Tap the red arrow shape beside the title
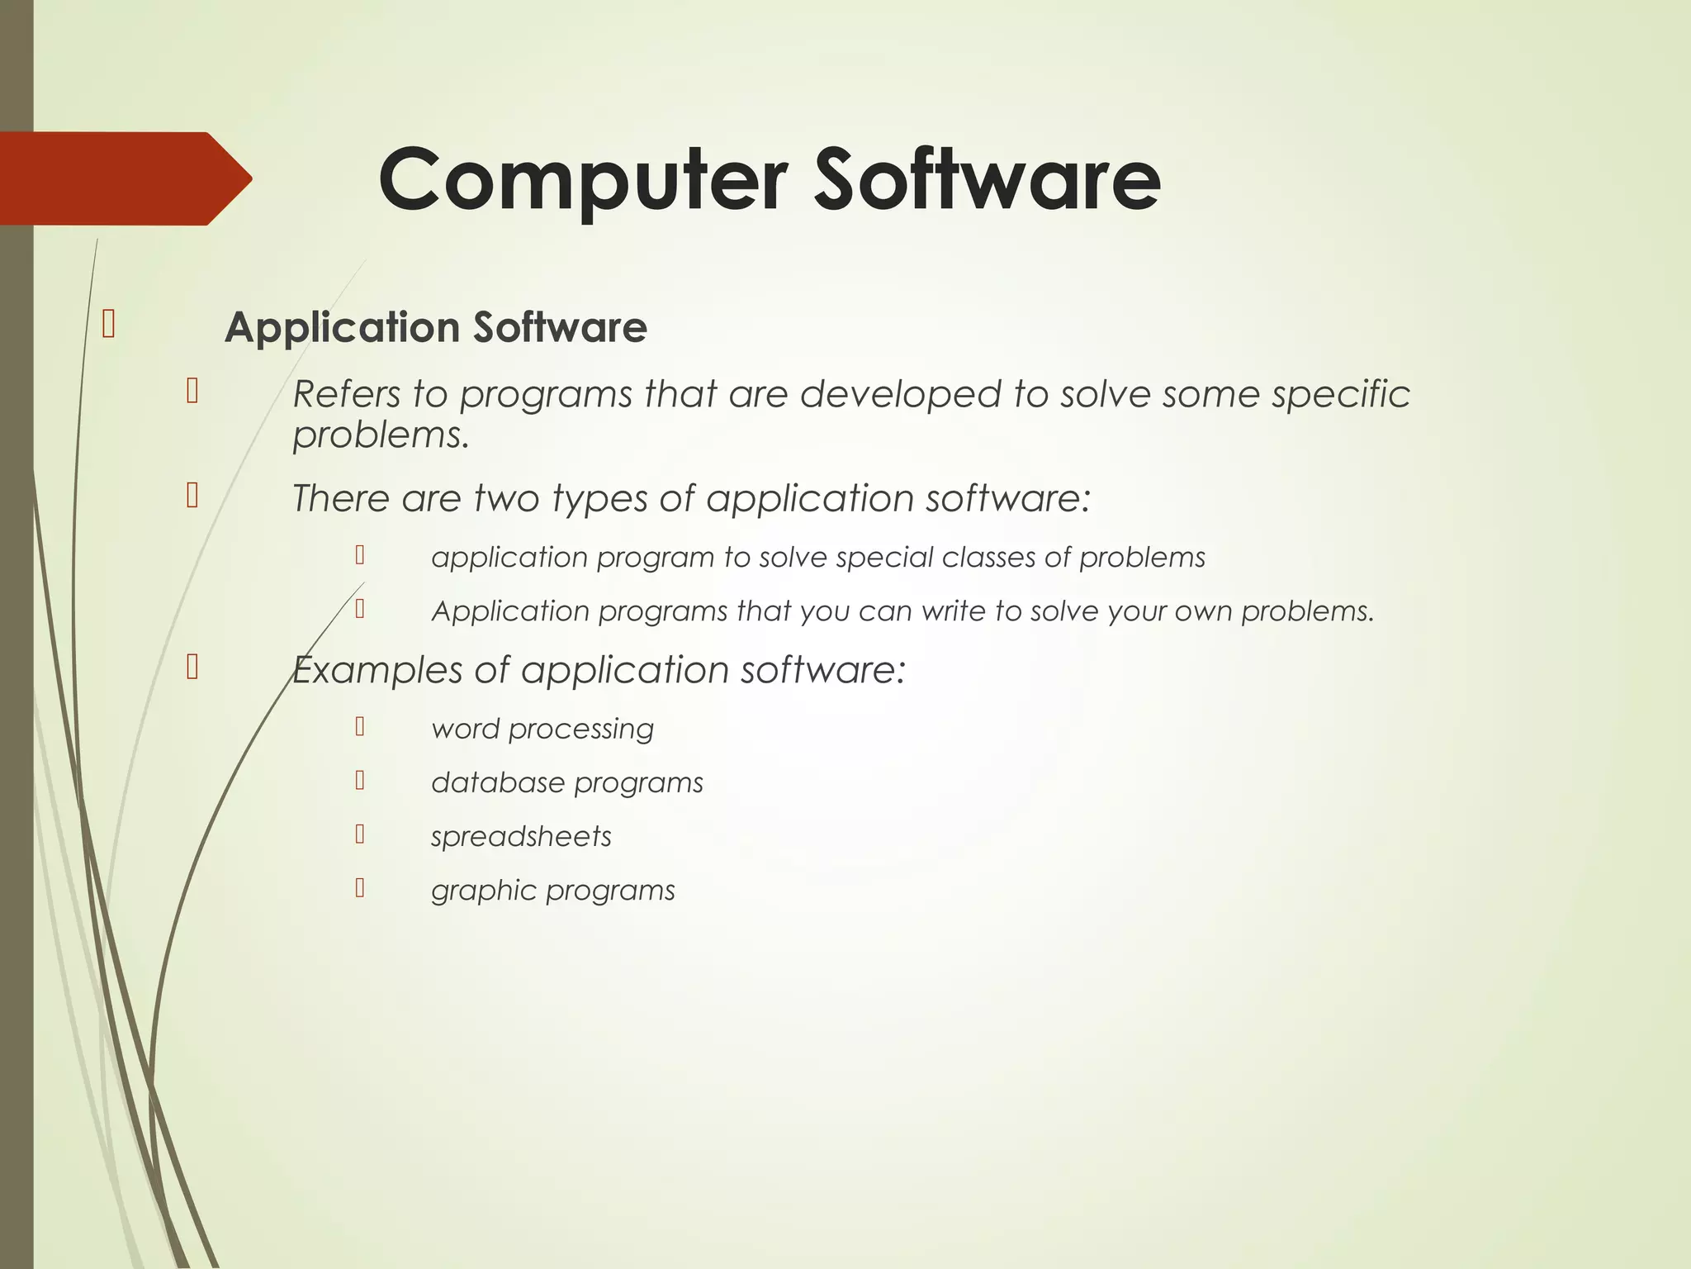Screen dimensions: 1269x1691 [x=124, y=178]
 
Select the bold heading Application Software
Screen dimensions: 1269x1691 [x=435, y=327]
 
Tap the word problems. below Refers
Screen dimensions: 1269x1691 [x=381, y=435]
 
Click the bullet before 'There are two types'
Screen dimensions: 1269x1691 [x=192, y=495]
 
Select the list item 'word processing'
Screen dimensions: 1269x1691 [x=542, y=729]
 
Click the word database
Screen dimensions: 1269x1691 [x=497, y=782]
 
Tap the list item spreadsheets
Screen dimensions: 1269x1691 [x=521, y=837]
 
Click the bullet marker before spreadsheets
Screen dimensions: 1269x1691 [x=360, y=834]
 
